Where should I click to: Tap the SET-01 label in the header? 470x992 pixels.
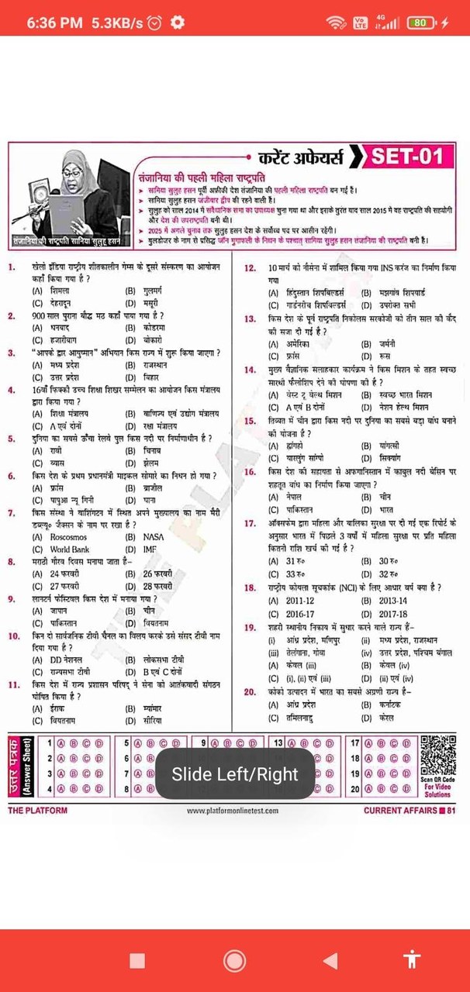tap(407, 157)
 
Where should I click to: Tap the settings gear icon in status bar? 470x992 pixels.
tap(177, 22)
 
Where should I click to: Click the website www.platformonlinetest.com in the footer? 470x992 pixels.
tap(232, 811)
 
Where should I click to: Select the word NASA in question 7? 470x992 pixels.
tap(154, 537)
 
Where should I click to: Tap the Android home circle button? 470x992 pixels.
tap(234, 961)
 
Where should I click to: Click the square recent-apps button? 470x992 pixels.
tap(137, 961)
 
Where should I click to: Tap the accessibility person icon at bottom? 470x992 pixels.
tap(412, 960)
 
